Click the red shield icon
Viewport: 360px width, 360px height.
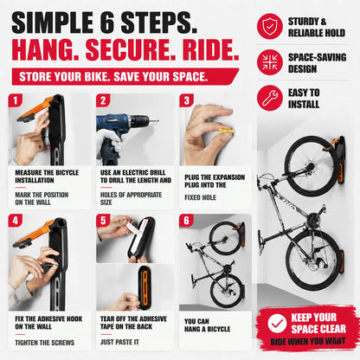270,26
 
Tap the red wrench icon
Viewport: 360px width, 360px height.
270,98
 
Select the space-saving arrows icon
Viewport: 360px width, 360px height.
270,62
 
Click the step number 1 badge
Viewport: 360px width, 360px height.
15,100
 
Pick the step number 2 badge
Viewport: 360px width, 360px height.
103,100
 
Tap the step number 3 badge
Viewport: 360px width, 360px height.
186,100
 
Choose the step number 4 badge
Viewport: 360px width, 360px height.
15,221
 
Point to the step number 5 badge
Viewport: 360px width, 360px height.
103,221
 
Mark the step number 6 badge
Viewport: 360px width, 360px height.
186,221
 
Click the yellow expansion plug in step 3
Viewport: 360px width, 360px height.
227,132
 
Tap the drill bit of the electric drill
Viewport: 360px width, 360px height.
154,120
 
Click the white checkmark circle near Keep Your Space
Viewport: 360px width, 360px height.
277,324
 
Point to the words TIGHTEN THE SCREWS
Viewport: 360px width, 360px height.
45,343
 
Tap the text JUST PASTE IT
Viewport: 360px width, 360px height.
119,342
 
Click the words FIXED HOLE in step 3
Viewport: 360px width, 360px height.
201,197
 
